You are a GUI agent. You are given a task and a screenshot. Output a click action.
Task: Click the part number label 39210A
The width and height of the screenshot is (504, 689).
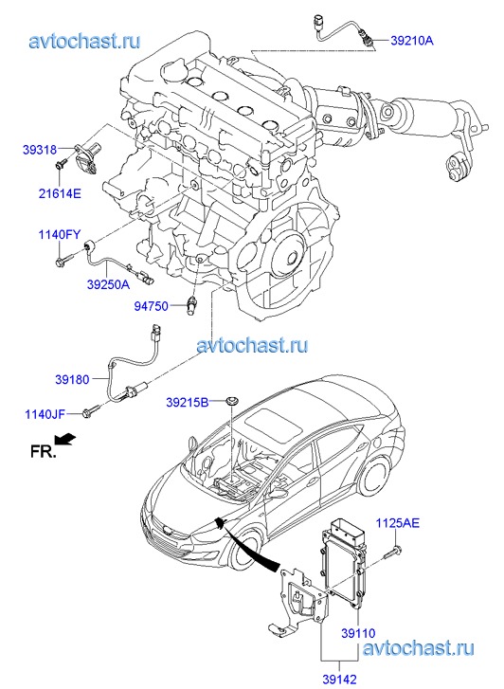412,41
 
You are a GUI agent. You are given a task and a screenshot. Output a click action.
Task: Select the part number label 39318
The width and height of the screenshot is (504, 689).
40,150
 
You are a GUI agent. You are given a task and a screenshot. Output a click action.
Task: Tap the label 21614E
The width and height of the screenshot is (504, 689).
60,193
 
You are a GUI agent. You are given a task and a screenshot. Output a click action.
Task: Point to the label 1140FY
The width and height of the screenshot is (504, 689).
60,235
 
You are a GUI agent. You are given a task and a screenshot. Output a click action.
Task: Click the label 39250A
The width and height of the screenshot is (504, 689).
109,284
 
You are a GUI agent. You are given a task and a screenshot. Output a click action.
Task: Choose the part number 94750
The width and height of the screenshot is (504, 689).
152,306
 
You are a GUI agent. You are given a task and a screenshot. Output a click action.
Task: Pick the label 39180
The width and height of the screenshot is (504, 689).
72,379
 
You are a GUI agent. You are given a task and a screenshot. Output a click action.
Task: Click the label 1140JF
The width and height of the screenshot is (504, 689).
45,413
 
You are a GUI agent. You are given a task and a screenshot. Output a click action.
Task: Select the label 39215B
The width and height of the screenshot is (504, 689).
188,402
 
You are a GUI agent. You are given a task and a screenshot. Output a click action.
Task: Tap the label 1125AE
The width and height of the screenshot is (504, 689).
397,523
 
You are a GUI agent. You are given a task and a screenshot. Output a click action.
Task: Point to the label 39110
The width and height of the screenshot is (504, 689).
358,633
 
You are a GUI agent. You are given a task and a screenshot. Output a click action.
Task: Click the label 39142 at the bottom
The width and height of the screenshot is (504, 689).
340,680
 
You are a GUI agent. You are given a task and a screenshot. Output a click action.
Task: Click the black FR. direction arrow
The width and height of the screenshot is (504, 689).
65,439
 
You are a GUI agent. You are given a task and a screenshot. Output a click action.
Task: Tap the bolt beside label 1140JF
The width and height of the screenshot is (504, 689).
91,411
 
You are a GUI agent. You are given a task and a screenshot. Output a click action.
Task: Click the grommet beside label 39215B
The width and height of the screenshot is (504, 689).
231,401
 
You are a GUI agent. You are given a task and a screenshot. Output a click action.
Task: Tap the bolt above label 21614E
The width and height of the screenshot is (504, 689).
61,163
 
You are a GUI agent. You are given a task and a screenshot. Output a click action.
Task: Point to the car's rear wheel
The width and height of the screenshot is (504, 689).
374,478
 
